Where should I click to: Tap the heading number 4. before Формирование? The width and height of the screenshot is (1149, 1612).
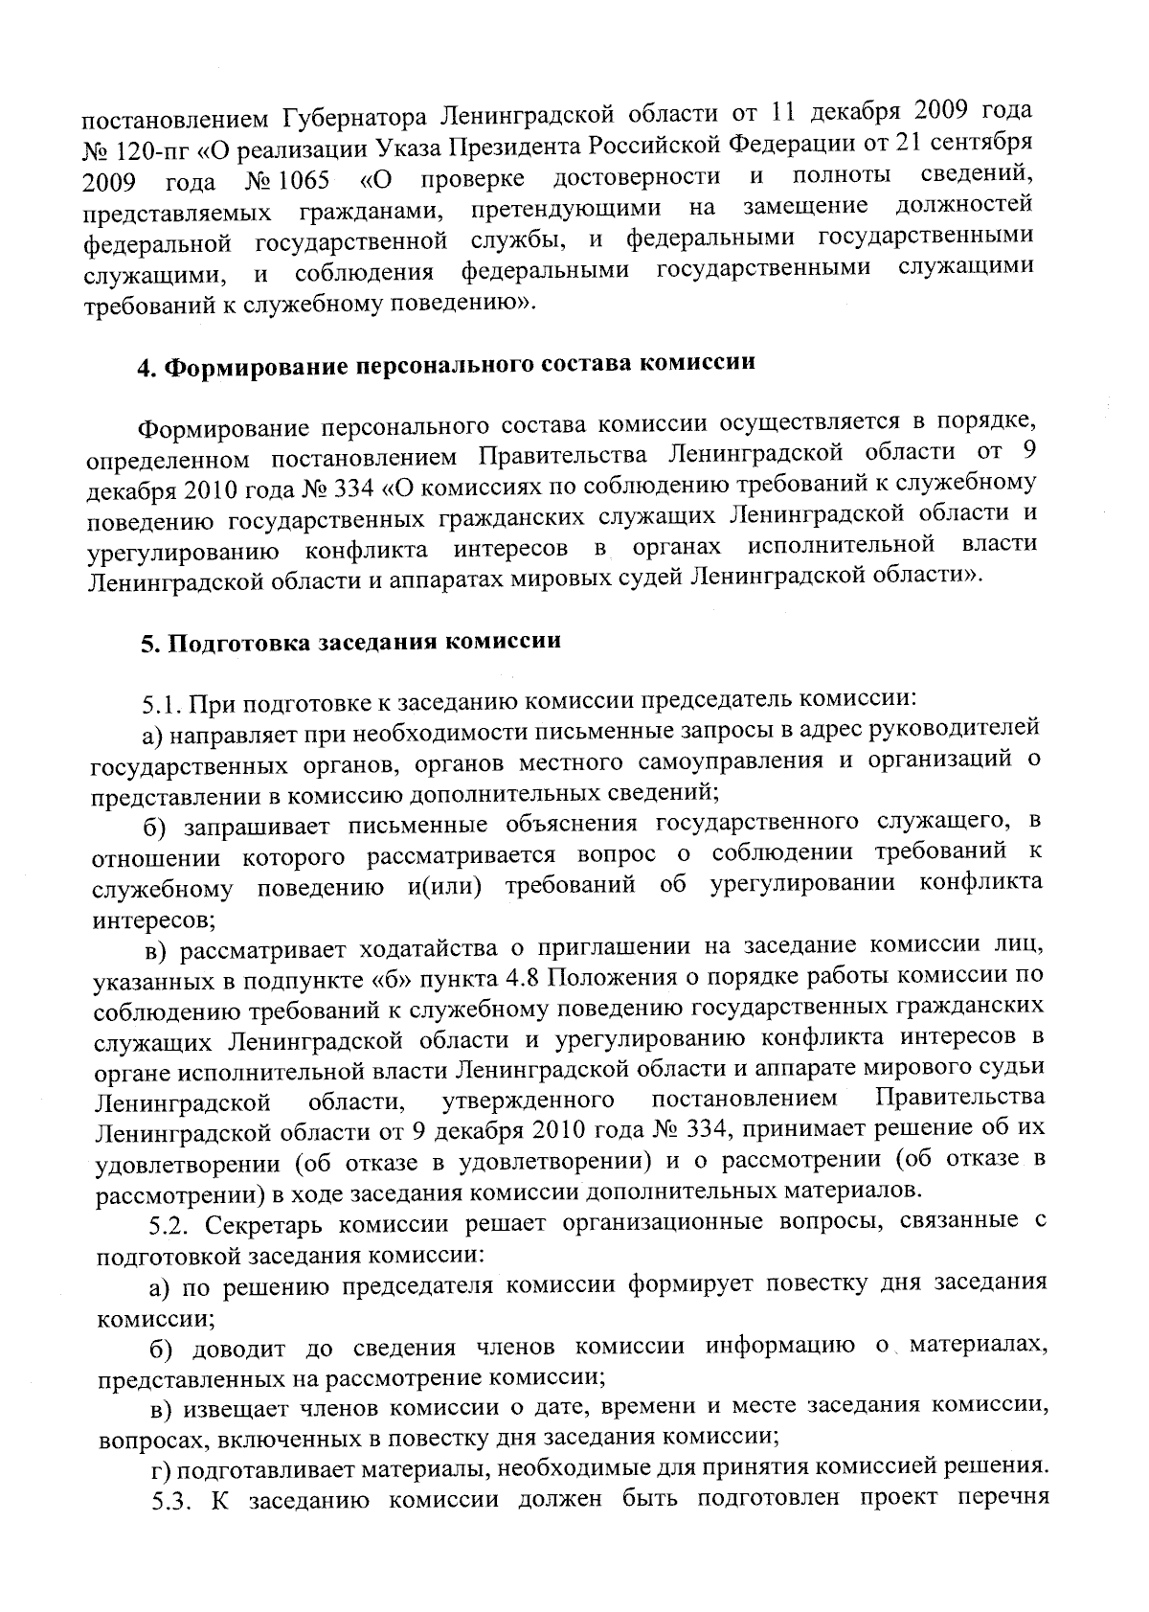coord(146,368)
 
